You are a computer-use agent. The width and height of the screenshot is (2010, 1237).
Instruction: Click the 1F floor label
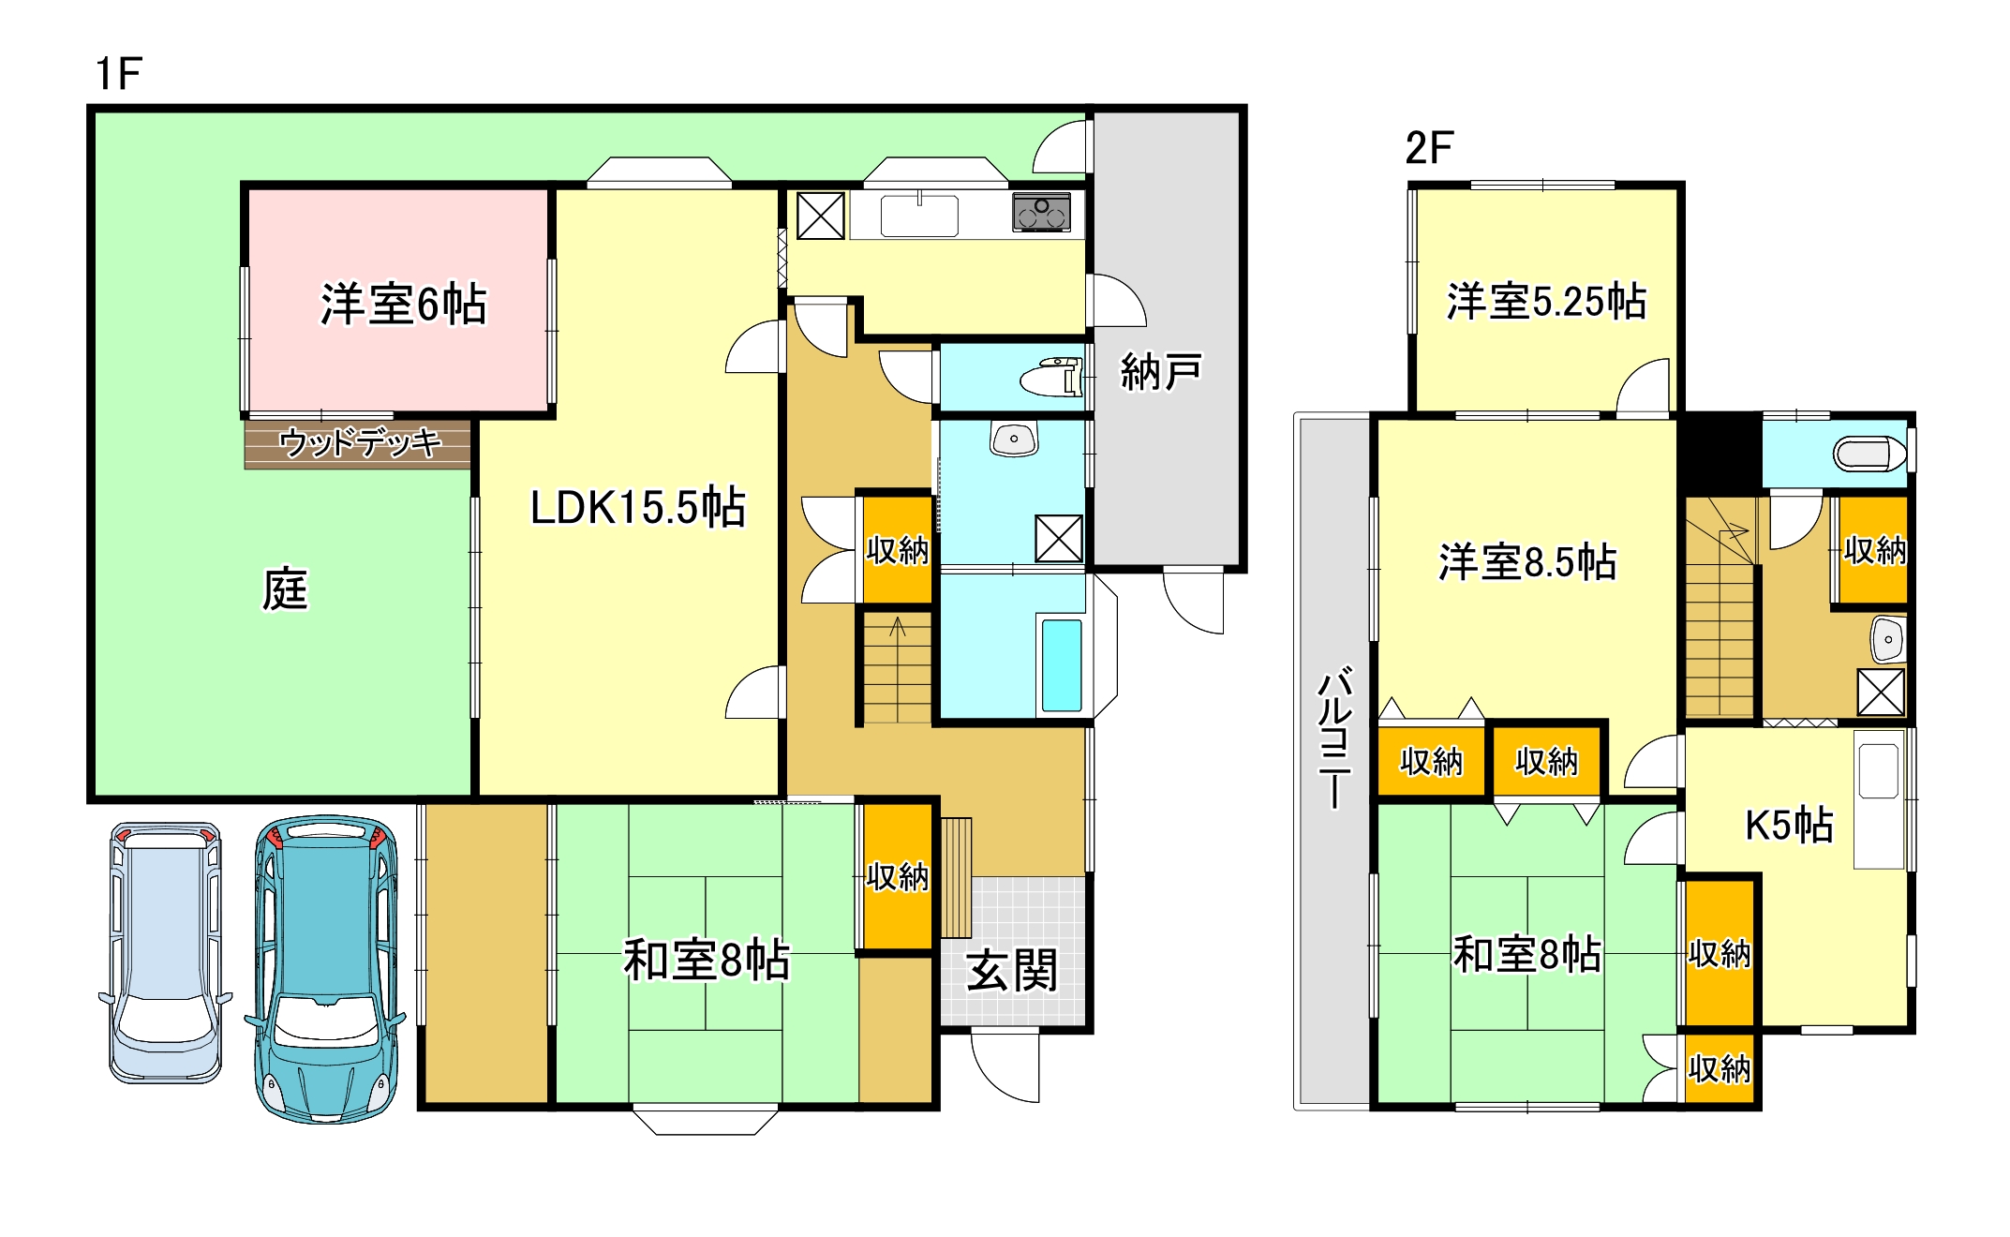point(118,74)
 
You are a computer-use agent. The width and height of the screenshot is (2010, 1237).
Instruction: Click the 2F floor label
point(1429,148)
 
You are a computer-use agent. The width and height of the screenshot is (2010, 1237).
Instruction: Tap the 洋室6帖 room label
point(404,304)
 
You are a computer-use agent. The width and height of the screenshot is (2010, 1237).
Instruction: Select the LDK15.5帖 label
point(637,507)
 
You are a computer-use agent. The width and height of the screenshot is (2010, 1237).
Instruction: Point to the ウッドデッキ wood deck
point(359,442)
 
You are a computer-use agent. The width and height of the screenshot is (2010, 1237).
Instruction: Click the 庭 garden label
point(285,589)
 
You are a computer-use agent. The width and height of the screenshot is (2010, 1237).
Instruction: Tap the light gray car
point(166,952)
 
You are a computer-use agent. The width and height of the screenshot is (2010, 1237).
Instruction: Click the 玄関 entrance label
point(1012,970)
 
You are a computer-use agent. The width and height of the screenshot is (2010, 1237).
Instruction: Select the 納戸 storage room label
point(1161,372)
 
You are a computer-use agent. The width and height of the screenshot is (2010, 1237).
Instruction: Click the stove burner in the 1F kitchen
point(1041,212)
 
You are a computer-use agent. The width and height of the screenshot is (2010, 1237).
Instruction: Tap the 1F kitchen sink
point(919,216)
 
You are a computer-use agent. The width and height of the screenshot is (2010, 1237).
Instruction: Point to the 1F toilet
point(1051,378)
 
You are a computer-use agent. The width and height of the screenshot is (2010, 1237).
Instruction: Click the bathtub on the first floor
point(1062,664)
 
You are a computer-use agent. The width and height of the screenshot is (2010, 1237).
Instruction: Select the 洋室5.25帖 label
point(1546,302)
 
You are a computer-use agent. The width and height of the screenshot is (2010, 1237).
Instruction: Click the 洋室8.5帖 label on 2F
point(1527,562)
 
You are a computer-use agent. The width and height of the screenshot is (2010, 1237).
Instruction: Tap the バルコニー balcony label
point(1334,737)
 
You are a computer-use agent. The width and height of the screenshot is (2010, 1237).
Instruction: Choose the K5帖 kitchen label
point(1789,825)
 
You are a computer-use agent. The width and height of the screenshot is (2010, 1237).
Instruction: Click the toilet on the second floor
point(1869,455)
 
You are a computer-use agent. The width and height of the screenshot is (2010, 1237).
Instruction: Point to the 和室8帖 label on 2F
point(1527,955)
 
